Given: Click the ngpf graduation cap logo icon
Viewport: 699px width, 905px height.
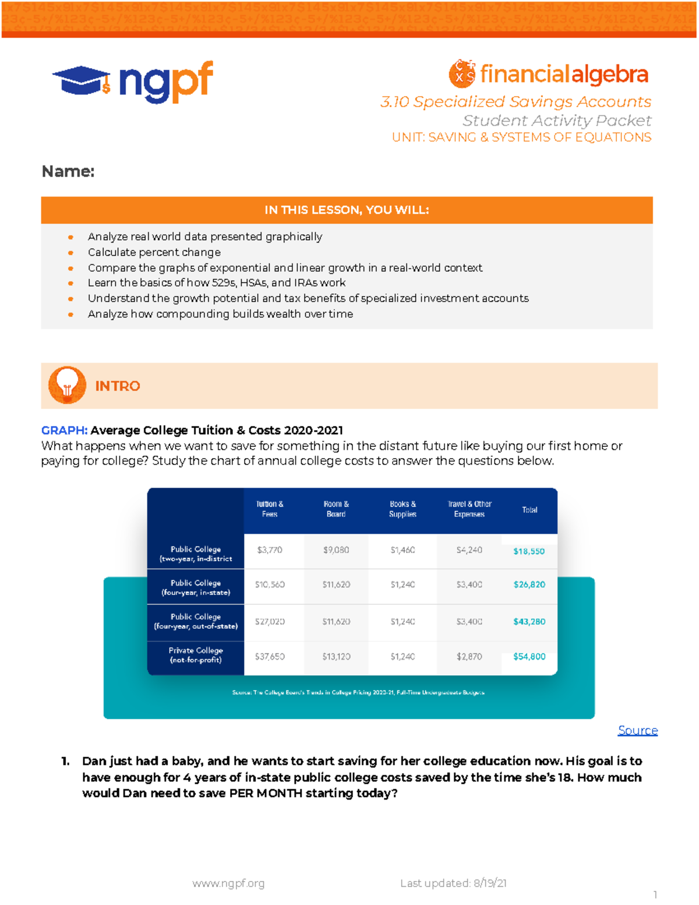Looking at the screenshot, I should click(x=82, y=80).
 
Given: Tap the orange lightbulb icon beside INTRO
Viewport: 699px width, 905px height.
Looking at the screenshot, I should click(x=67, y=385).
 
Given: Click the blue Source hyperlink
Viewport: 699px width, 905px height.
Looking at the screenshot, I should click(x=637, y=730).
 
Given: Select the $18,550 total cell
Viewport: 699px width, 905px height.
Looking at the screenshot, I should click(x=529, y=551).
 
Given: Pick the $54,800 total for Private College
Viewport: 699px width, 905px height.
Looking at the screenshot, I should click(x=529, y=657).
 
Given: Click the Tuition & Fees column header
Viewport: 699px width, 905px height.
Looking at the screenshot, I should click(x=270, y=509).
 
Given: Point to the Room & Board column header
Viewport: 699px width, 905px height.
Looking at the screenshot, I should click(x=336, y=509).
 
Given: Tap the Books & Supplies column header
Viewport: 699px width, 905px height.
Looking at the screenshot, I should click(x=403, y=509).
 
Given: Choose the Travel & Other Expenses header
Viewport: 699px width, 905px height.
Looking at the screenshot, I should click(x=469, y=509).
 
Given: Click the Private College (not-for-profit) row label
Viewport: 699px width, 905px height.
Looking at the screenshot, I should click(x=196, y=655).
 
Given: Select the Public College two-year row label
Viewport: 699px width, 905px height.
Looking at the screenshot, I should click(x=196, y=554).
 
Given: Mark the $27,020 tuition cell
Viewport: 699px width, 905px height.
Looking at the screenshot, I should click(x=270, y=622).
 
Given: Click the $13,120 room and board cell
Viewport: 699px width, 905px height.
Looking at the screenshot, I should click(x=336, y=657).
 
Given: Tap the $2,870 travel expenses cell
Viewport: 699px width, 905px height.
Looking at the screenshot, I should click(x=469, y=657).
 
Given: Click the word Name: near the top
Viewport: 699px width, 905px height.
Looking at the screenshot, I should click(x=68, y=171).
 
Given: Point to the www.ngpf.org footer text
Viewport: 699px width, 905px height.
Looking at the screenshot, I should click(x=228, y=883).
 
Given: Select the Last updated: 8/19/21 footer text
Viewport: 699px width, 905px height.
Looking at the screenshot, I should click(x=453, y=883).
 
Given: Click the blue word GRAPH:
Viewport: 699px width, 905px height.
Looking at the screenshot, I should click(x=64, y=430).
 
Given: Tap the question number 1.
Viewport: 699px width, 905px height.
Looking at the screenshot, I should click(x=65, y=761).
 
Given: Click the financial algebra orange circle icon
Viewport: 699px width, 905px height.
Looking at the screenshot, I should click(x=462, y=74).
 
